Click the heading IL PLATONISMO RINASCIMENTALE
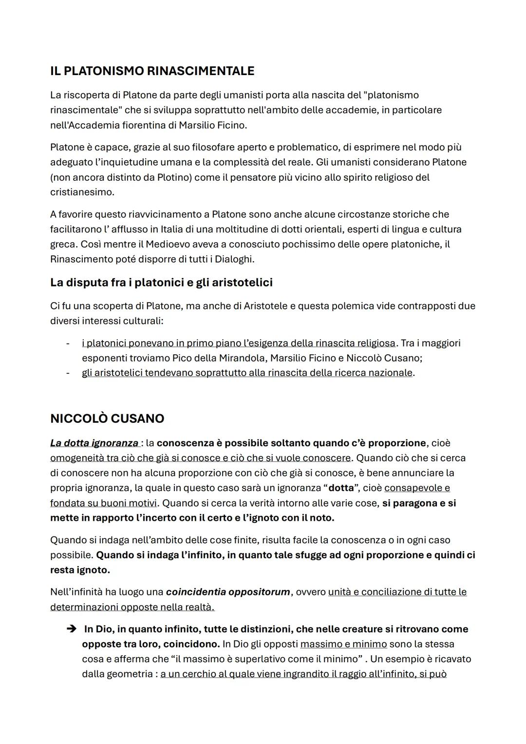click(x=152, y=71)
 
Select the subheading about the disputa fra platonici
click(x=161, y=283)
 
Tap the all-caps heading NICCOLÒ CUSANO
click(x=107, y=419)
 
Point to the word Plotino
click(x=174, y=177)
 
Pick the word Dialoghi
click(x=231, y=259)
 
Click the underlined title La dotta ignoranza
click(x=94, y=443)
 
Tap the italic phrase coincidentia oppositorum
click(x=227, y=592)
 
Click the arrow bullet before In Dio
click(x=72, y=630)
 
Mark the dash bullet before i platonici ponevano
click(x=68, y=343)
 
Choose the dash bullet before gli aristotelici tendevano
click(x=68, y=373)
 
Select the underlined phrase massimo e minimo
click(x=343, y=644)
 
